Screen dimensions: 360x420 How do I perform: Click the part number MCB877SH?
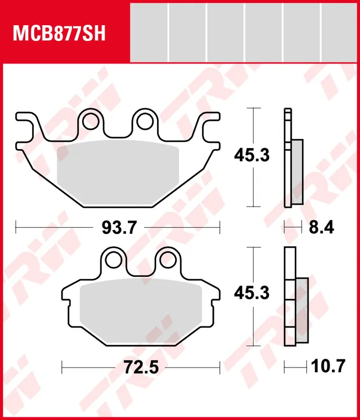pyautogui.click(x=59, y=33)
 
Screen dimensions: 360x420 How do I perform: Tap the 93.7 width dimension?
pyautogui.click(x=119, y=228)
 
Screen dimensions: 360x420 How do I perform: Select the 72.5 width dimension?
pyautogui.click(x=141, y=367)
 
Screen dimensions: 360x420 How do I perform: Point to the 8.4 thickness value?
pyautogui.click(x=321, y=228)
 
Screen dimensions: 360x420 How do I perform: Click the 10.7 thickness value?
pyautogui.click(x=327, y=366)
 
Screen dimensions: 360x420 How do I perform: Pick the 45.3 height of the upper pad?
pyautogui.click(x=251, y=155)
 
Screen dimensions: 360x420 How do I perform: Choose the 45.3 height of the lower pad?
pyautogui.click(x=251, y=293)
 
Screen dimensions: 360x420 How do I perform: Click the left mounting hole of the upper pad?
pyautogui.click(x=90, y=121)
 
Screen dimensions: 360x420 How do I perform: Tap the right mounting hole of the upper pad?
pyautogui.click(x=145, y=121)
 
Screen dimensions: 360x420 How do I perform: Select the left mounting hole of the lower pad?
pyautogui.click(x=114, y=260)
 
